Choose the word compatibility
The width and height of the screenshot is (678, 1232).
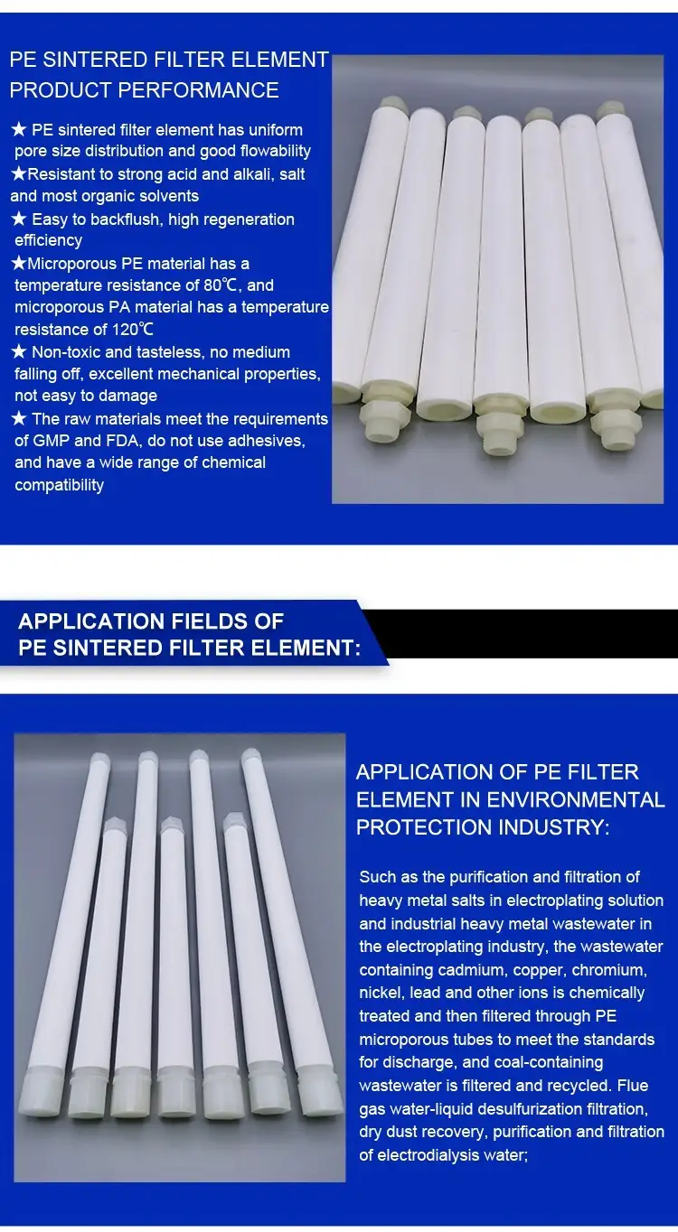click(x=59, y=485)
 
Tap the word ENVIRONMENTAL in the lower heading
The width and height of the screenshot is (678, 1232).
click(x=576, y=800)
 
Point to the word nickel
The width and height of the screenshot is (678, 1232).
click(x=379, y=993)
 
